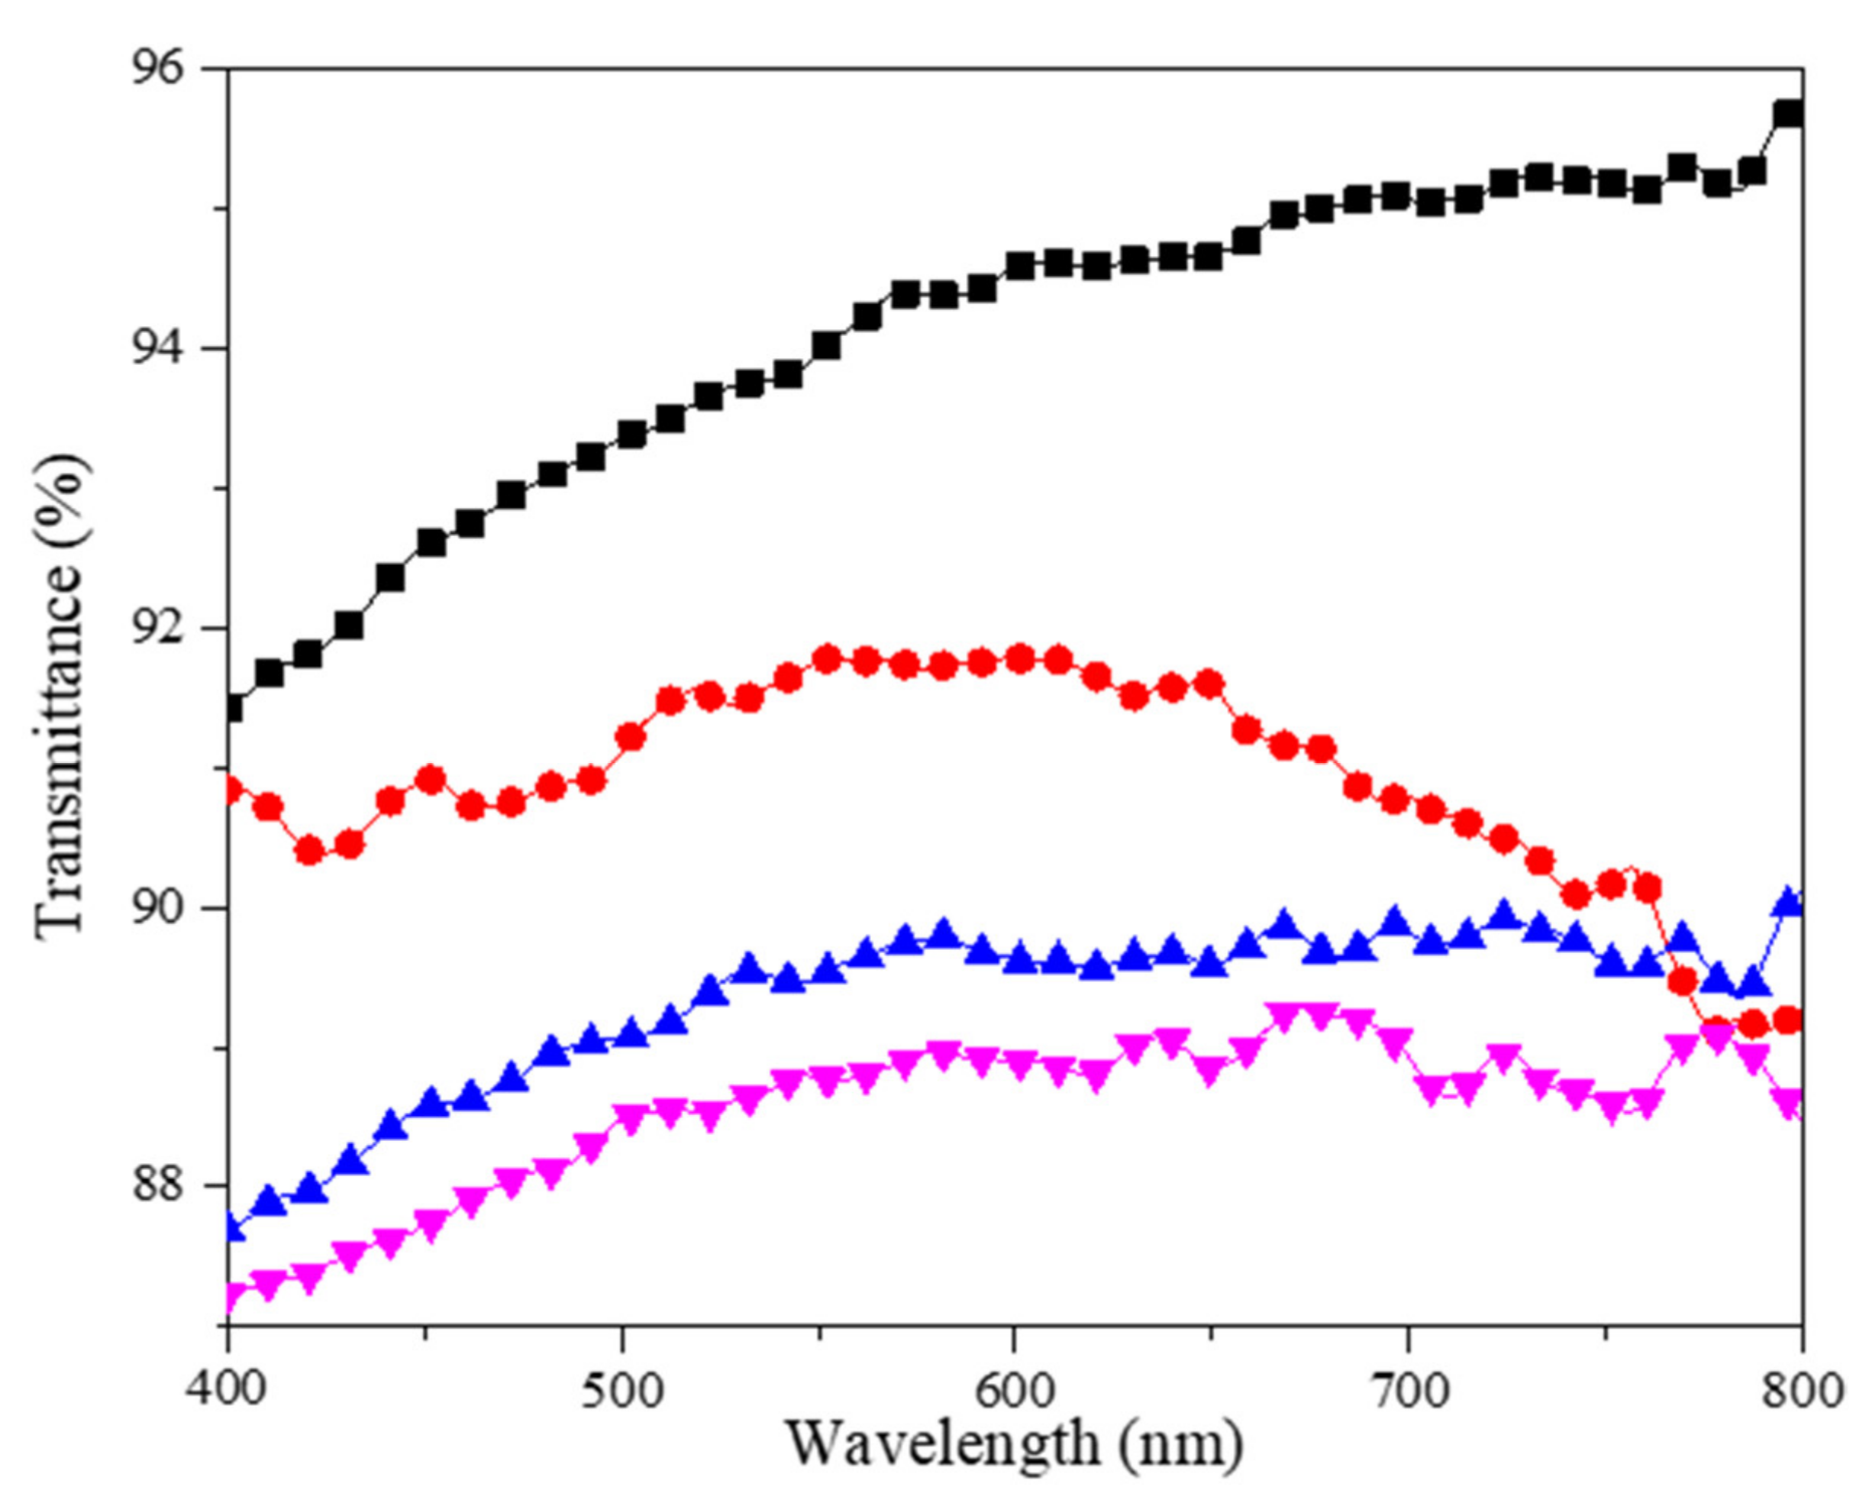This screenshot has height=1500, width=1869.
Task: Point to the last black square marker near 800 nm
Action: point(1788,115)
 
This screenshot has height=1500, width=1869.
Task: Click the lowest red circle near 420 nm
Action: point(309,851)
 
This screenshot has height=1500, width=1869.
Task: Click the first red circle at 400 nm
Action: point(231,790)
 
